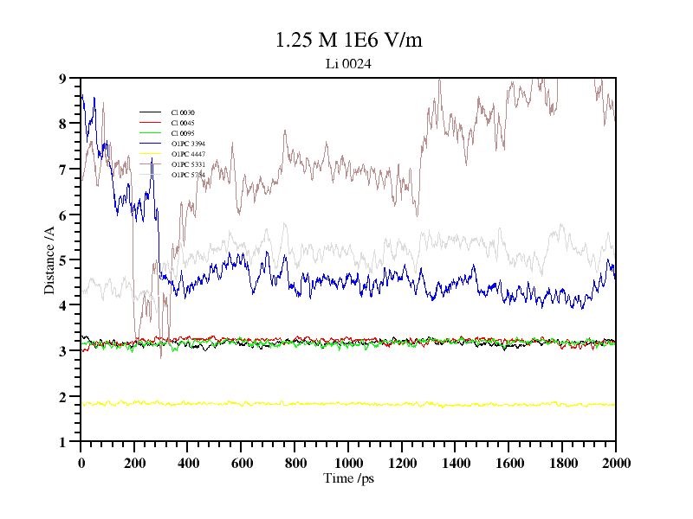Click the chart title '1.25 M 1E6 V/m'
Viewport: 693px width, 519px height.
348,40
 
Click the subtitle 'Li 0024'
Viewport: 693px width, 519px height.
348,64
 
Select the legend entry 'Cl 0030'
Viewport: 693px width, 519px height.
183,112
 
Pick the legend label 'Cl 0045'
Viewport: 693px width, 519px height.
183,123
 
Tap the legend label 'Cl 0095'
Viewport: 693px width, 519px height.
183,133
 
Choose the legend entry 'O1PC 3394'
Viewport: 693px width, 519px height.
188,144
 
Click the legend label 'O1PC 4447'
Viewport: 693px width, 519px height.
188,154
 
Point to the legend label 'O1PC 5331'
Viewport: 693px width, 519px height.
188,164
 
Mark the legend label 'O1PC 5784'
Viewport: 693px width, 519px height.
188,175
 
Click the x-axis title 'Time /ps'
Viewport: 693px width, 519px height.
347,478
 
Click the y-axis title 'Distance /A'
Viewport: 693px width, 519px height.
50,259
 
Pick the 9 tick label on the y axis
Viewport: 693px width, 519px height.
62,78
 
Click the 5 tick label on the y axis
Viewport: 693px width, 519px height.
62,260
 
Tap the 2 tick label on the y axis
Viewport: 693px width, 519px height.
62,397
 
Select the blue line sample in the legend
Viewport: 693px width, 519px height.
151,144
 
